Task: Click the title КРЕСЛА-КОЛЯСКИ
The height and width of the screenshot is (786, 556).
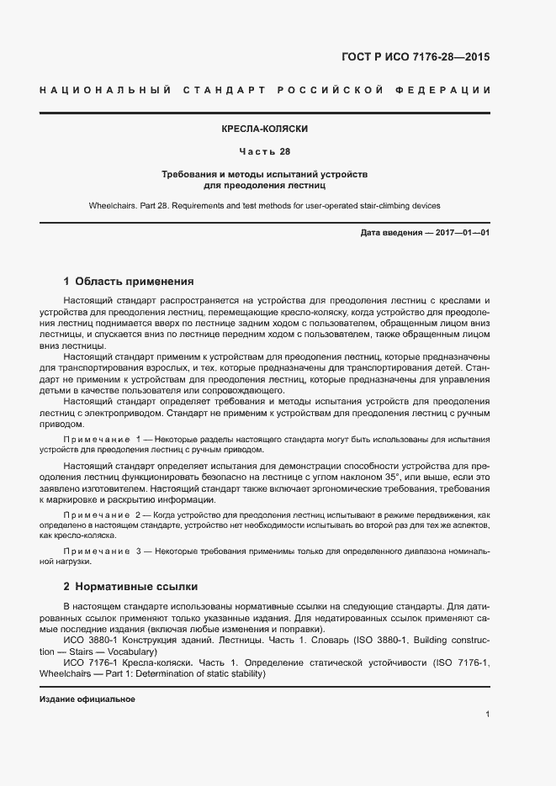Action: click(263, 130)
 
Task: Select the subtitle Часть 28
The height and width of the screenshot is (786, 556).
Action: click(263, 152)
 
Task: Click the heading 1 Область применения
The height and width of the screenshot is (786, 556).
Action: click(129, 281)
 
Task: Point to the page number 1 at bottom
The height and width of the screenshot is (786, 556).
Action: click(487, 715)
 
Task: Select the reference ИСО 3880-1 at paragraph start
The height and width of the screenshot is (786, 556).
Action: click(88, 641)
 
